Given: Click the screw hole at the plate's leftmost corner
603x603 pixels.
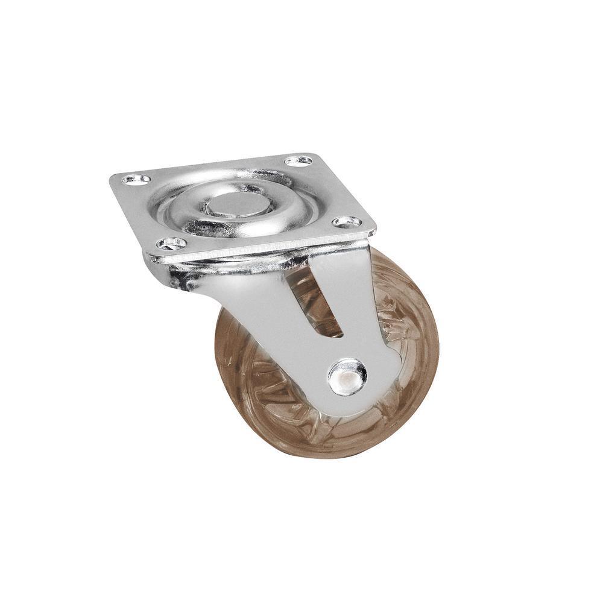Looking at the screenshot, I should pos(136,178).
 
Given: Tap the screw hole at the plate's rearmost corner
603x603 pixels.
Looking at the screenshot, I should pos(298,160).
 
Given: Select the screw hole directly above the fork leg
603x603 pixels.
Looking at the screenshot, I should pos(347,222).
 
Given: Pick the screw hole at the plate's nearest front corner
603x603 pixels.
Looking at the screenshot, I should pos(172,243).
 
